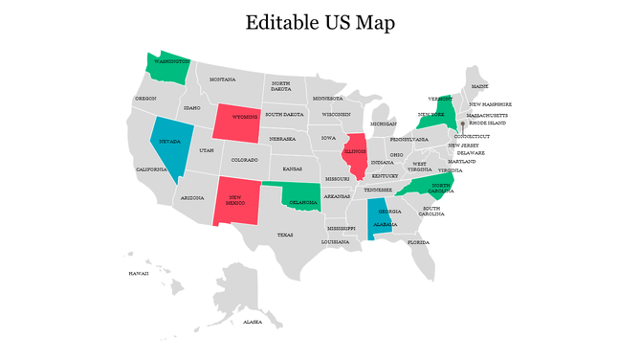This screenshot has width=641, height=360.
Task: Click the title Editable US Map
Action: pos(320,22)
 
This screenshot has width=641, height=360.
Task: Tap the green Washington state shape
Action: pos(167,67)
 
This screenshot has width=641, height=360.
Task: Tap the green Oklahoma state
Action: pos(304,199)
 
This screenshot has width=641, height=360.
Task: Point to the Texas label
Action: pos(285,235)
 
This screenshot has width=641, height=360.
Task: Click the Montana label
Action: pos(223,79)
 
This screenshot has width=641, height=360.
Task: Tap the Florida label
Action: pos(419,242)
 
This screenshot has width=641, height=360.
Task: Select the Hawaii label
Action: pos(139,273)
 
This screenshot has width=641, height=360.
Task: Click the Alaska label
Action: pos(253,323)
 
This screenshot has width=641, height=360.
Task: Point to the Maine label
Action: pos(479,86)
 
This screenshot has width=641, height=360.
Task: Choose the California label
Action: pos(151,169)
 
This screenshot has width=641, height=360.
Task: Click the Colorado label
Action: pos(244,160)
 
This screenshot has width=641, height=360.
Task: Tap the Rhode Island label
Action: pos(487,123)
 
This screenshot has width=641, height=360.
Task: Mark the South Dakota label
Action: pos(284,114)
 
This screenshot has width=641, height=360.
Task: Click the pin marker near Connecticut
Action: pos(461,124)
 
